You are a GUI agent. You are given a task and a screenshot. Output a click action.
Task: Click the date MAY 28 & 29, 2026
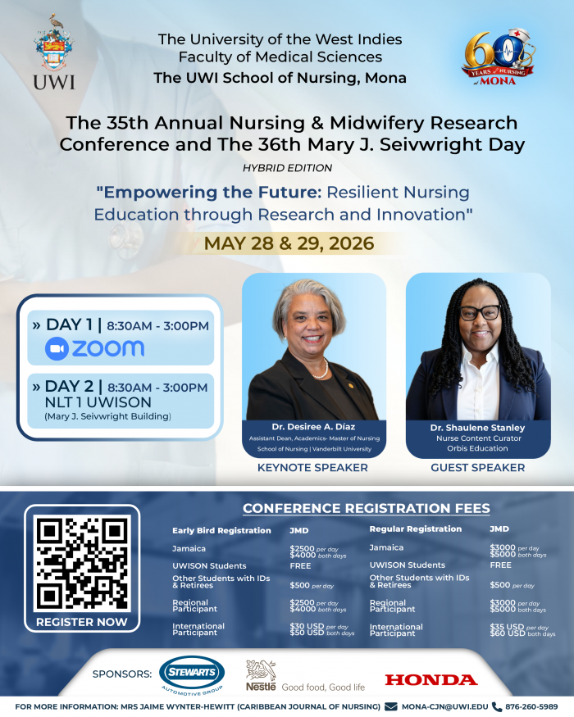click(x=289, y=243)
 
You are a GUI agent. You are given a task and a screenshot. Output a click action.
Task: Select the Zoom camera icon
click(x=57, y=348)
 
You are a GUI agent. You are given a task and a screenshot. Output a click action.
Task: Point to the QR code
click(x=82, y=562)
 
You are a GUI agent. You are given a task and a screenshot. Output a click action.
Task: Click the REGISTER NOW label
click(x=82, y=622)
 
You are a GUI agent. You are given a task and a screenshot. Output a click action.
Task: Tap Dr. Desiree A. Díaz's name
click(x=314, y=426)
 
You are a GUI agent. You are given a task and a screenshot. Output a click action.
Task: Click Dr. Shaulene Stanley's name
click(x=477, y=428)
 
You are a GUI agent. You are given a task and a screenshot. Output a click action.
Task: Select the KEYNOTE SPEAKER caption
click(x=312, y=468)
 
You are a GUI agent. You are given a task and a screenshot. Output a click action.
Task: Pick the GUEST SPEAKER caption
click(x=477, y=468)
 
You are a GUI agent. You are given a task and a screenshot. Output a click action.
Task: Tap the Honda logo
click(x=430, y=679)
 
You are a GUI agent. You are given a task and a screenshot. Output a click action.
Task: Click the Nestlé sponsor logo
click(x=262, y=675)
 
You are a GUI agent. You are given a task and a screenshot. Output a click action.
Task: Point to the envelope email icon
click(x=391, y=706)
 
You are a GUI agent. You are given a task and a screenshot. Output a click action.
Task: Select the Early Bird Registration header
click(x=221, y=530)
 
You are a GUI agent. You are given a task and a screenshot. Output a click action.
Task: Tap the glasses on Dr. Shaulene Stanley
click(x=479, y=312)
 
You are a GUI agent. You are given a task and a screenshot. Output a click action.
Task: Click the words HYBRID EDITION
click(x=287, y=167)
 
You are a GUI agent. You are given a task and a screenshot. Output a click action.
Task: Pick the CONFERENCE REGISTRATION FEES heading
click(x=366, y=509)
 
